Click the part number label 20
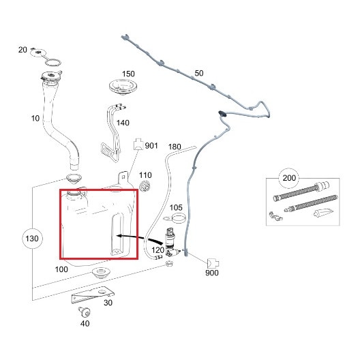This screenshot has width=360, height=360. coord(22,50)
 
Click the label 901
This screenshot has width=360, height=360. coord(152,145)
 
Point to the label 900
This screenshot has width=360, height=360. coord(212,273)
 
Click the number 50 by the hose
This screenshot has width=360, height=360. coord(199,73)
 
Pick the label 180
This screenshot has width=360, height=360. coord(175,147)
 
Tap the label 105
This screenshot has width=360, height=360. coord(176,207)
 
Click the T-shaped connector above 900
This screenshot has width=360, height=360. coord(211,261)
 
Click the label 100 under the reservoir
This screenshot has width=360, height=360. coord(61,269)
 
